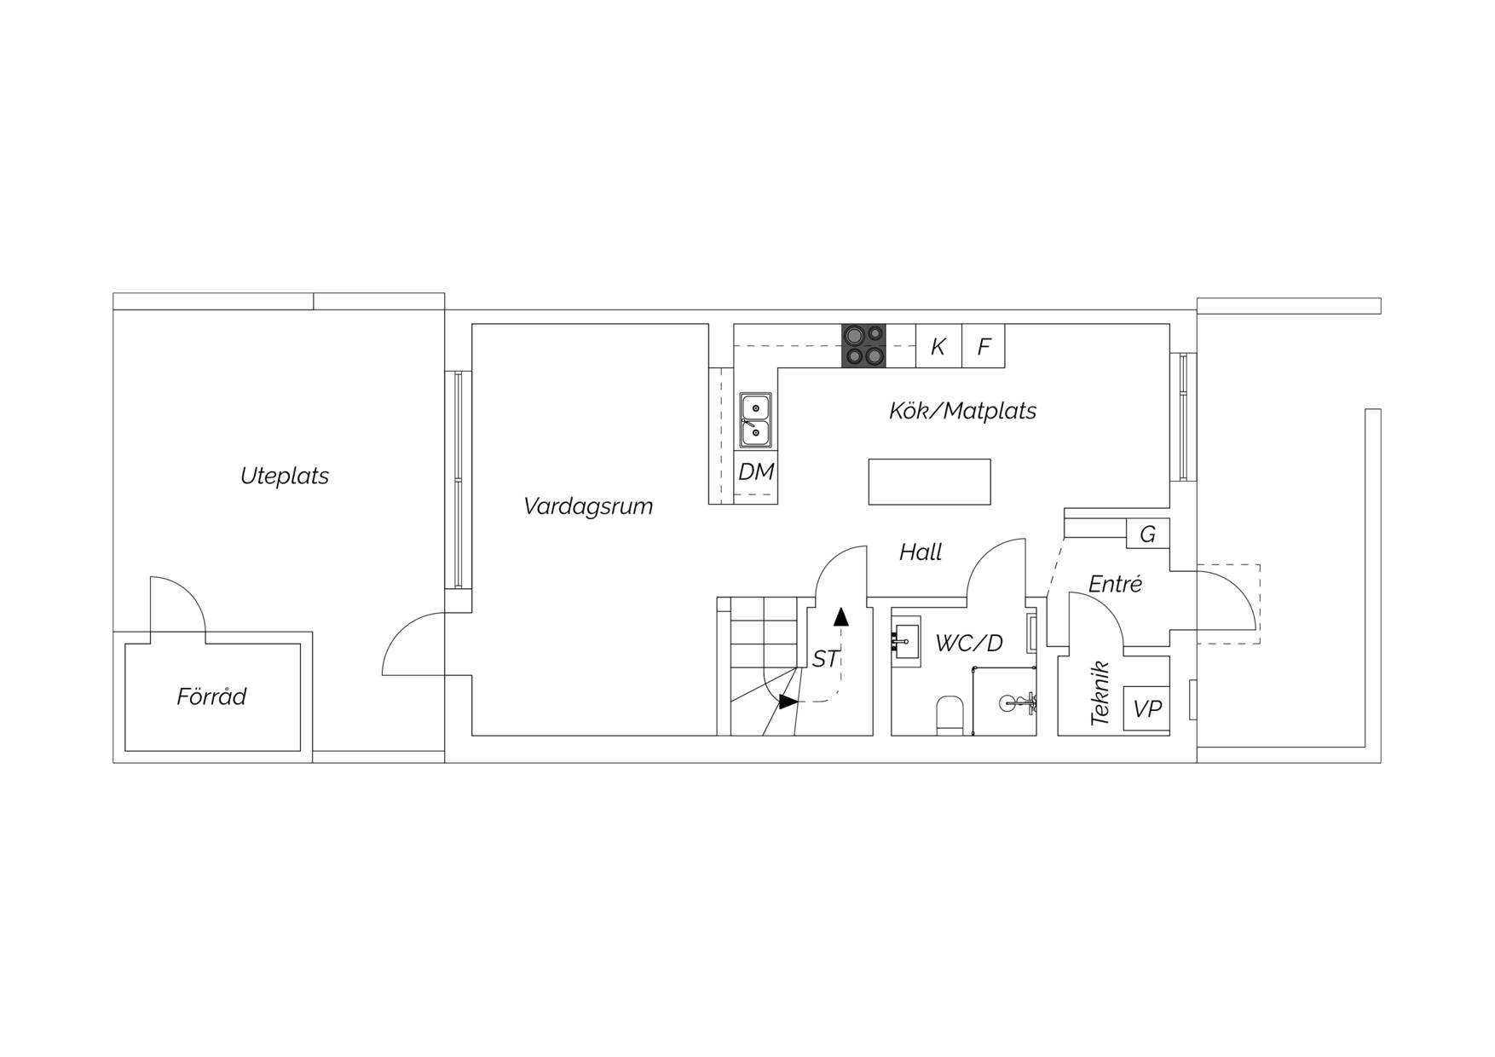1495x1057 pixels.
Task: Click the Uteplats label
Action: point(285,476)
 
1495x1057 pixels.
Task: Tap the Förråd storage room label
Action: point(211,696)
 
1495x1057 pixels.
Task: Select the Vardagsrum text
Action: point(588,506)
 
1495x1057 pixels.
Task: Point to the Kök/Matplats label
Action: point(962,411)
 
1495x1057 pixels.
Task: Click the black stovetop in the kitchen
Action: point(863,346)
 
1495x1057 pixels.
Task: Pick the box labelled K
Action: point(938,346)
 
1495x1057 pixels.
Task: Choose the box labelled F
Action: point(984,346)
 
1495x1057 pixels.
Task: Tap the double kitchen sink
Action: point(755,420)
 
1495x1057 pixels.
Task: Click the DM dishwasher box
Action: point(756,472)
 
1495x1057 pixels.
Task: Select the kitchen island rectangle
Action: point(930,482)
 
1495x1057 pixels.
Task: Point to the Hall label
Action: point(921,552)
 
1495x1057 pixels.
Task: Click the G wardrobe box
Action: point(1148,534)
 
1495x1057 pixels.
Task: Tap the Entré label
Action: point(1115,584)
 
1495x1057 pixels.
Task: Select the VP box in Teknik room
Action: point(1146,708)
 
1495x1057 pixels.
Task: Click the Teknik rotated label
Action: point(1100,693)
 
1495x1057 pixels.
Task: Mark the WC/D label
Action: point(969,644)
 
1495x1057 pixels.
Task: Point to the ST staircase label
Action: point(825,659)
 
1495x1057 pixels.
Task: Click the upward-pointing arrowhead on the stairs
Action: point(841,616)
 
